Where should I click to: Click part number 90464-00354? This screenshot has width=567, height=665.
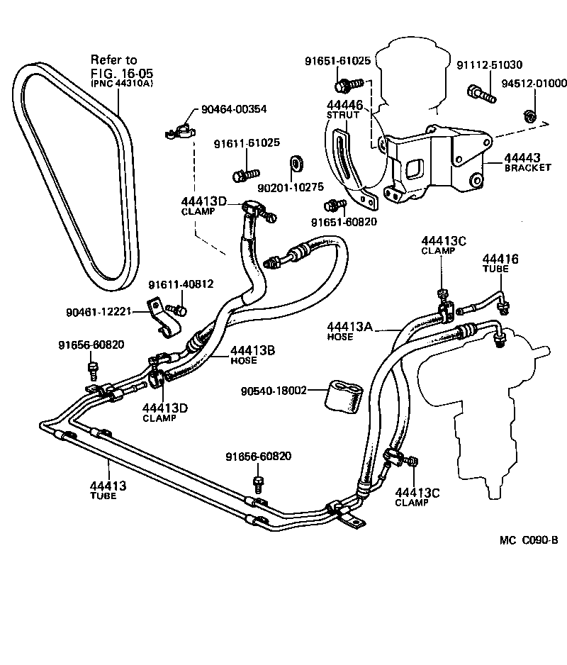pos(234,109)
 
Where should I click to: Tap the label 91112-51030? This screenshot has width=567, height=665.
pos(490,65)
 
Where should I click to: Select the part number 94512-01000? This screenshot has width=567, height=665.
pos(534,83)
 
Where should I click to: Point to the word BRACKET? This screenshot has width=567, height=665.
pos(527,167)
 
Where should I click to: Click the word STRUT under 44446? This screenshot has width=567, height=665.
pos(342,115)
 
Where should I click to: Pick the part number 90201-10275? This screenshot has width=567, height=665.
pos(291,187)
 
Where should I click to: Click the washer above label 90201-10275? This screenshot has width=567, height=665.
pos(296,163)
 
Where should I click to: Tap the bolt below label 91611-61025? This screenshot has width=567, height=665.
pos(246,174)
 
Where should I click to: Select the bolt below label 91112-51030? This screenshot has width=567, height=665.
pos(481,94)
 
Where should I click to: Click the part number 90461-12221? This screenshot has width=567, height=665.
pos(99,312)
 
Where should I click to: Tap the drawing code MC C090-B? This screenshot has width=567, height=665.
pos(529,540)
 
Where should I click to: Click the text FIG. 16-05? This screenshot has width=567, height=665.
pos(122,72)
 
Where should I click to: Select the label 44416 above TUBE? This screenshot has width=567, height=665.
pos(500,259)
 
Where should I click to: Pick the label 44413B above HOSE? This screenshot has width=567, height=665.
pos(253,350)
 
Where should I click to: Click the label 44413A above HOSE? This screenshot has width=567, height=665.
pos(349,327)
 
